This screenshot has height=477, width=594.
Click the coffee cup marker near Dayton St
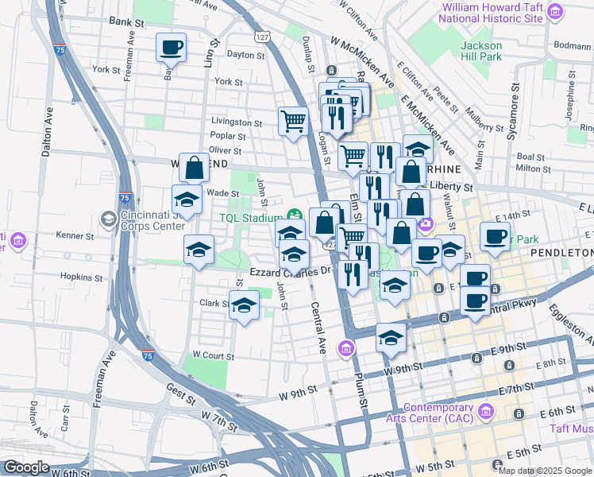(171, 48)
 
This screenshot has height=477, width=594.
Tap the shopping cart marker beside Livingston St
(293, 122)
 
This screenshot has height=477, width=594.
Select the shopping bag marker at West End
(194, 168)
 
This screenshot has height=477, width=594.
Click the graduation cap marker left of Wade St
(187, 200)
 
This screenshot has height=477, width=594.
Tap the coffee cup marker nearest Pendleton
(495, 237)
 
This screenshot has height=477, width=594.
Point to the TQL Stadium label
(250, 218)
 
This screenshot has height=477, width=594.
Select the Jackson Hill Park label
(481, 51)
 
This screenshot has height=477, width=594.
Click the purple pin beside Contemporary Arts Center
(486, 412)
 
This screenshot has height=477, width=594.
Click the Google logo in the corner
(25, 467)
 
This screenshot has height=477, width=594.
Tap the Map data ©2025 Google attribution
(545, 471)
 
